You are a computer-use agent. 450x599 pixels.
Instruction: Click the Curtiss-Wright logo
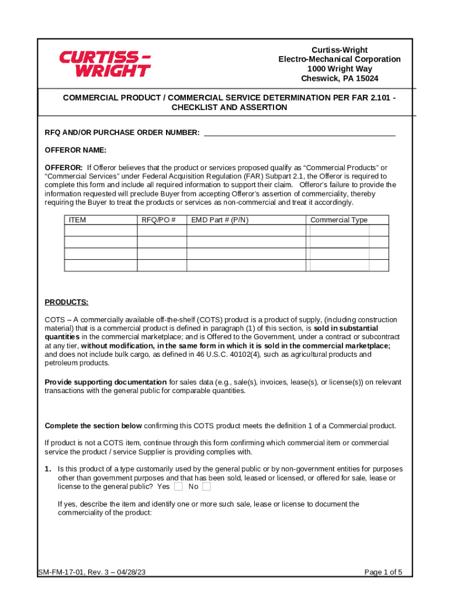105,64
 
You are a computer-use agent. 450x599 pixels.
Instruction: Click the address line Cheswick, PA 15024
339,78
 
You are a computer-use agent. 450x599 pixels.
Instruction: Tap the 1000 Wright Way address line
339,69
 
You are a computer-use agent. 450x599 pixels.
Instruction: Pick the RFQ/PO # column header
159,220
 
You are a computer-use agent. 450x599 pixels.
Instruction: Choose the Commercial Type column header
339,220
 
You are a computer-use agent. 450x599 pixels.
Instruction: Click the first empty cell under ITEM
101,230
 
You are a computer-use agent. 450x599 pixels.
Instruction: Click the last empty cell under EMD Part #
246,265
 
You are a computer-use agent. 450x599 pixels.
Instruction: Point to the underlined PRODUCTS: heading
67,302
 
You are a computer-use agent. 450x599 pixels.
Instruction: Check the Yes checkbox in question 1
178,487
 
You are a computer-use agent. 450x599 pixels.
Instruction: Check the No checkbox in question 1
206,487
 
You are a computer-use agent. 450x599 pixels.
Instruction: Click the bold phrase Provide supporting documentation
106,382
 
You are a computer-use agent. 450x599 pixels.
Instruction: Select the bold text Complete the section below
93,425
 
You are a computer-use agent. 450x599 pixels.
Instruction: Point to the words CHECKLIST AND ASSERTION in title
229,108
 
